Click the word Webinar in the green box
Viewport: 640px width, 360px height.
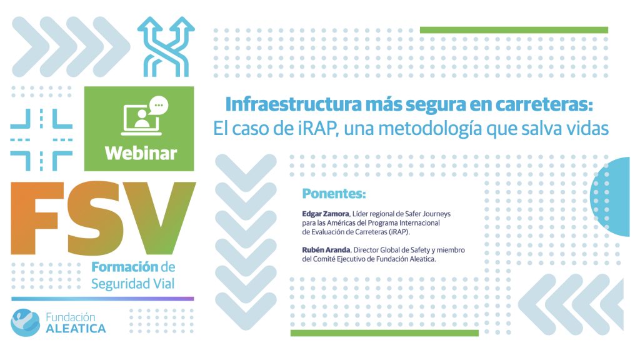tap(141, 154)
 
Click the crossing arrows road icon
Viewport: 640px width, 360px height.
tap(166, 46)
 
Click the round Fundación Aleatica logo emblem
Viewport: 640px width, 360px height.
tap(25, 322)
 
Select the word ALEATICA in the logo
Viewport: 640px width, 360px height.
tap(76, 329)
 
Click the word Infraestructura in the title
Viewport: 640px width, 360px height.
tap(294, 104)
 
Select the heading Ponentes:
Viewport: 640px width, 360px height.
tap(334, 194)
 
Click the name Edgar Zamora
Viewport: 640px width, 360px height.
tap(325, 214)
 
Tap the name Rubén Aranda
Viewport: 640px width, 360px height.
tap(326, 250)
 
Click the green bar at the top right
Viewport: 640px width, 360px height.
tap(514, 30)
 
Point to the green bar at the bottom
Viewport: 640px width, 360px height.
tap(384, 334)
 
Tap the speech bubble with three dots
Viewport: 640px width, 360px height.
tap(159, 105)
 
